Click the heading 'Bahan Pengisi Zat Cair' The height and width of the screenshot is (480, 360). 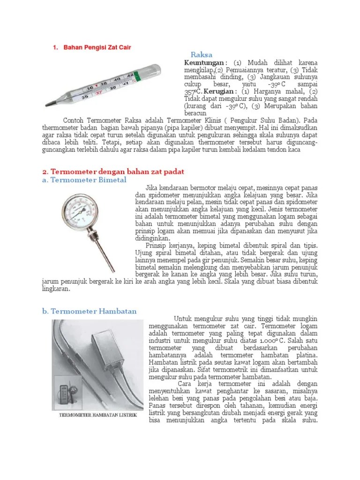pyautogui.click(x=97, y=47)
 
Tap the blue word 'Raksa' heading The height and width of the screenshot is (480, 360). pyautogui.click(x=202, y=55)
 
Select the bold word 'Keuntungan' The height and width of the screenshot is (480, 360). pyautogui.click(x=204, y=63)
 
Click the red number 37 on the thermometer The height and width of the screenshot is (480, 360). pyautogui.click(x=98, y=92)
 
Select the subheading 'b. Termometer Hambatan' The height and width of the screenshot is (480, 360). pyautogui.click(x=90, y=311)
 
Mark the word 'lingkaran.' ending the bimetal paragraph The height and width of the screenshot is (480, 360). pyautogui.click(x=56, y=289)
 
